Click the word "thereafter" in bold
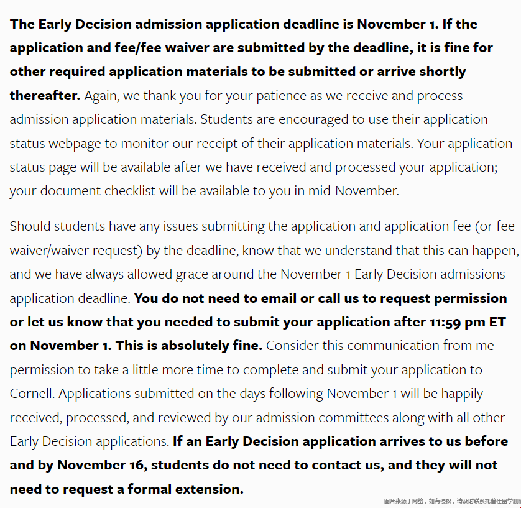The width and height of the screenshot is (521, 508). click(x=44, y=96)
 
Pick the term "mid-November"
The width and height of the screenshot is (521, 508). click(x=353, y=191)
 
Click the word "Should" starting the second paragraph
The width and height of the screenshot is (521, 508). click(x=31, y=226)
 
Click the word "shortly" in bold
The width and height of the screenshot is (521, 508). click(x=442, y=72)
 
